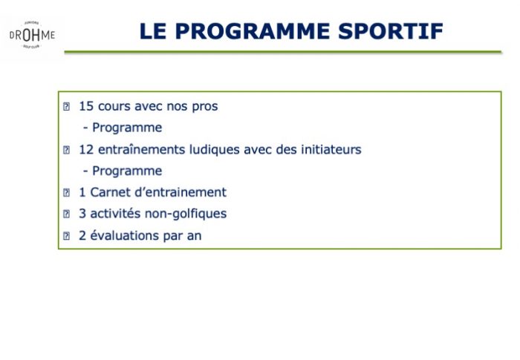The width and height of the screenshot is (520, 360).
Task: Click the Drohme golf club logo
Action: [32, 35]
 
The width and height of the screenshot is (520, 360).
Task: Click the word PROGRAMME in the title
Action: [253, 31]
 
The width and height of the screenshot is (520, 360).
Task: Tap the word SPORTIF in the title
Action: [391, 31]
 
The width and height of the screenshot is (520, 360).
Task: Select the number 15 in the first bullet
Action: [86, 106]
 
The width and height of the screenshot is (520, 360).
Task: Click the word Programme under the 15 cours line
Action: [127, 128]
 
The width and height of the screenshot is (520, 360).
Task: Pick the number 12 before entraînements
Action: [86, 149]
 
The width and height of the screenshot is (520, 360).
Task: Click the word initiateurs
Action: [331, 149]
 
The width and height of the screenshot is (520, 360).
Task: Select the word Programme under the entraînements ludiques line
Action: [127, 171]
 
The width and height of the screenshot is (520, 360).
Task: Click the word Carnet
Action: [110, 192]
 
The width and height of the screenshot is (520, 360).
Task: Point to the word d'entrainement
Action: [181, 192]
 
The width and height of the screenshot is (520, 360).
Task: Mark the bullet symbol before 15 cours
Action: [66, 107]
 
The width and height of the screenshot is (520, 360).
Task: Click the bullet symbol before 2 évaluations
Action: [66, 236]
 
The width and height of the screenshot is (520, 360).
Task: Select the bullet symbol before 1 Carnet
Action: [66, 192]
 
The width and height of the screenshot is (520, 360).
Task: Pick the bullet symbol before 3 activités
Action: [66, 214]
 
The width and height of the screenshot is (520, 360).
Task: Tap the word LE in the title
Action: [153, 31]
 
